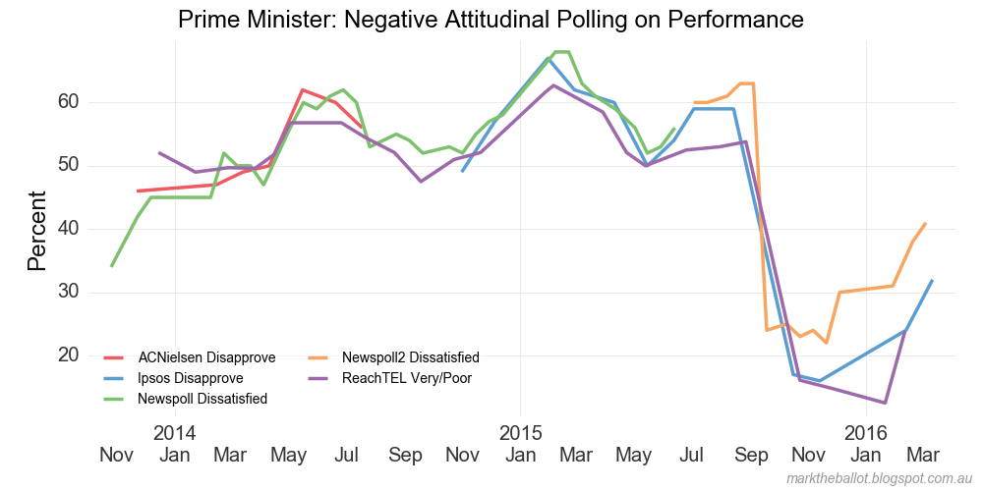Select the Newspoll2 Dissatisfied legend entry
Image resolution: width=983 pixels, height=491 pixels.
click(x=410, y=357)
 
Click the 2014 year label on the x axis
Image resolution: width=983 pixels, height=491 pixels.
click(x=175, y=433)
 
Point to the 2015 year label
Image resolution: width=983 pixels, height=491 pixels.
click(x=520, y=433)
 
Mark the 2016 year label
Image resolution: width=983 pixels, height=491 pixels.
click(x=866, y=433)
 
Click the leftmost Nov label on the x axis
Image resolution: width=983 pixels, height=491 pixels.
click(x=116, y=456)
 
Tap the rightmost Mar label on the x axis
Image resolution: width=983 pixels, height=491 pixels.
click(x=922, y=456)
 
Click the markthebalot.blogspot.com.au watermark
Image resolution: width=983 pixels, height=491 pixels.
click(x=880, y=478)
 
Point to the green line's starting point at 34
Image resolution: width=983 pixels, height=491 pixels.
click(x=111, y=266)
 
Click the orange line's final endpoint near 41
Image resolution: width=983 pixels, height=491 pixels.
click(x=925, y=223)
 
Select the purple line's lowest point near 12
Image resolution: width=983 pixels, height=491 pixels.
click(x=886, y=403)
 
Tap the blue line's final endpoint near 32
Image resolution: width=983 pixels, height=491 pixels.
click(x=932, y=280)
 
